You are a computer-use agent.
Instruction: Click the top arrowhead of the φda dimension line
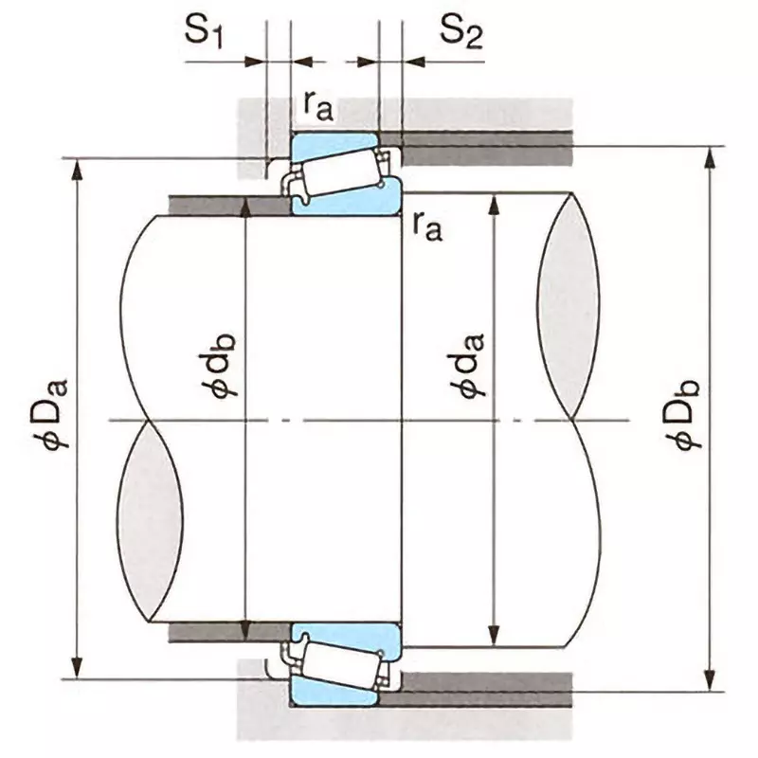(493, 205)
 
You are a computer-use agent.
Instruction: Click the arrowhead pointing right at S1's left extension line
(256, 62)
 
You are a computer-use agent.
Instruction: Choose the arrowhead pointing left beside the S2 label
(413, 62)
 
